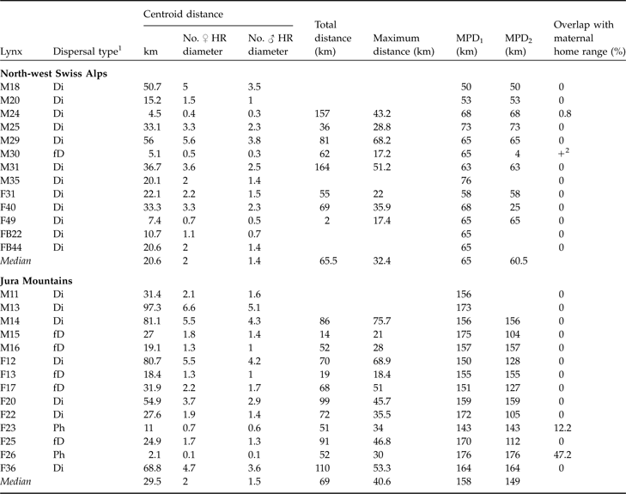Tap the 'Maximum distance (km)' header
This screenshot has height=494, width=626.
pos(404,52)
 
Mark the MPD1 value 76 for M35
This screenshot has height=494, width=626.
pos(463,180)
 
